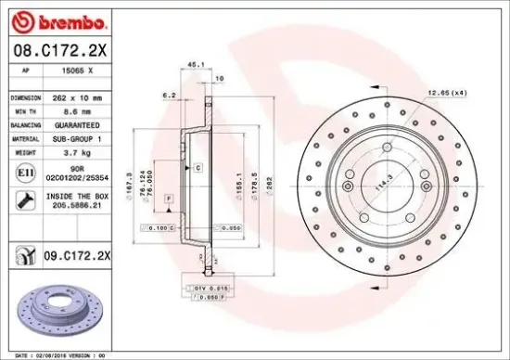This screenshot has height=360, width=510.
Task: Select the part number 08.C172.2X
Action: (x=57, y=50)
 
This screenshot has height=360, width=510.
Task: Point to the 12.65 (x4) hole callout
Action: (x=446, y=92)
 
